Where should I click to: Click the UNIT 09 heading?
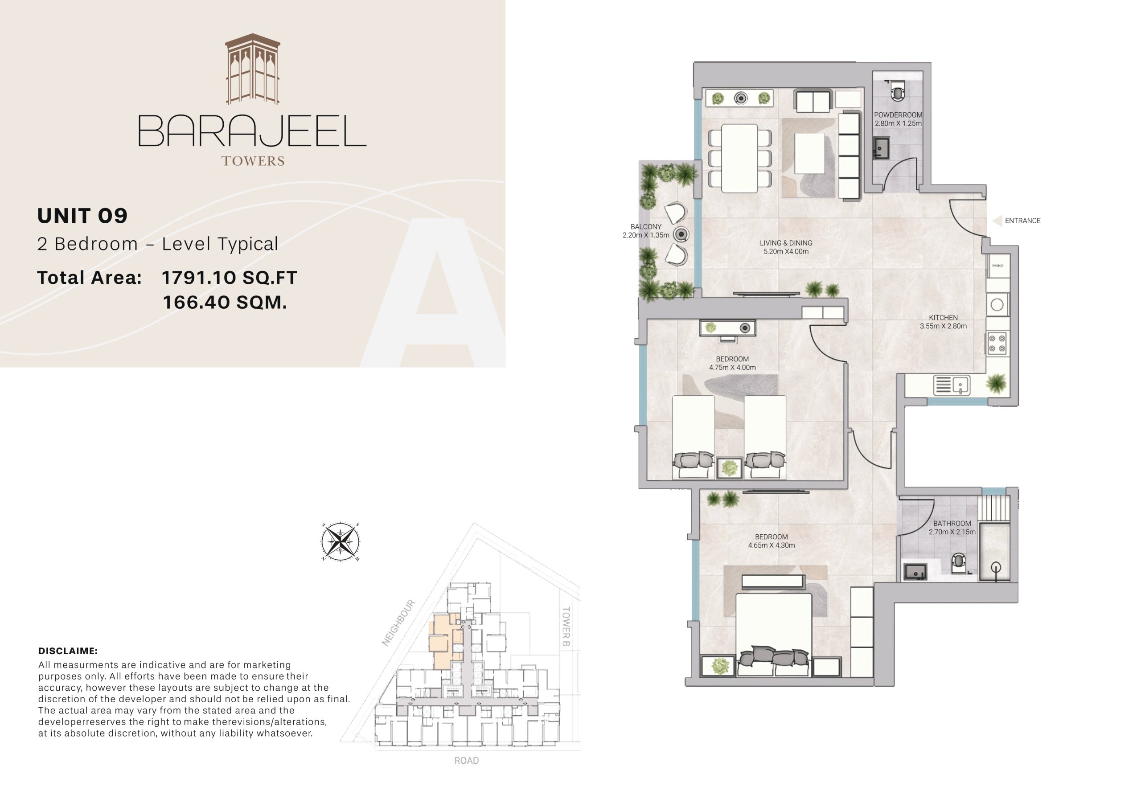coord(82,216)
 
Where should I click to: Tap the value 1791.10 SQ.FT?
coord(229,278)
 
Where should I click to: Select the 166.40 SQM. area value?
coord(225,302)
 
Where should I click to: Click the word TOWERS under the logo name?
coord(253,161)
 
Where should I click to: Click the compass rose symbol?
coord(340,542)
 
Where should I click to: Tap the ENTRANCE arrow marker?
coord(997,221)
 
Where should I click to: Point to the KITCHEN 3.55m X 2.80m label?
coord(943,322)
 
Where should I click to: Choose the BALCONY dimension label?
coord(645,231)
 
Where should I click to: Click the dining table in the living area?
coord(739,158)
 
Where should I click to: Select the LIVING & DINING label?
coord(786,247)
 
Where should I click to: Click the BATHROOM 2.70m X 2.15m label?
coord(952,527)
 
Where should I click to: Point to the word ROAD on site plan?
coord(466,760)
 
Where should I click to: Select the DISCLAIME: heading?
coord(68,651)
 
